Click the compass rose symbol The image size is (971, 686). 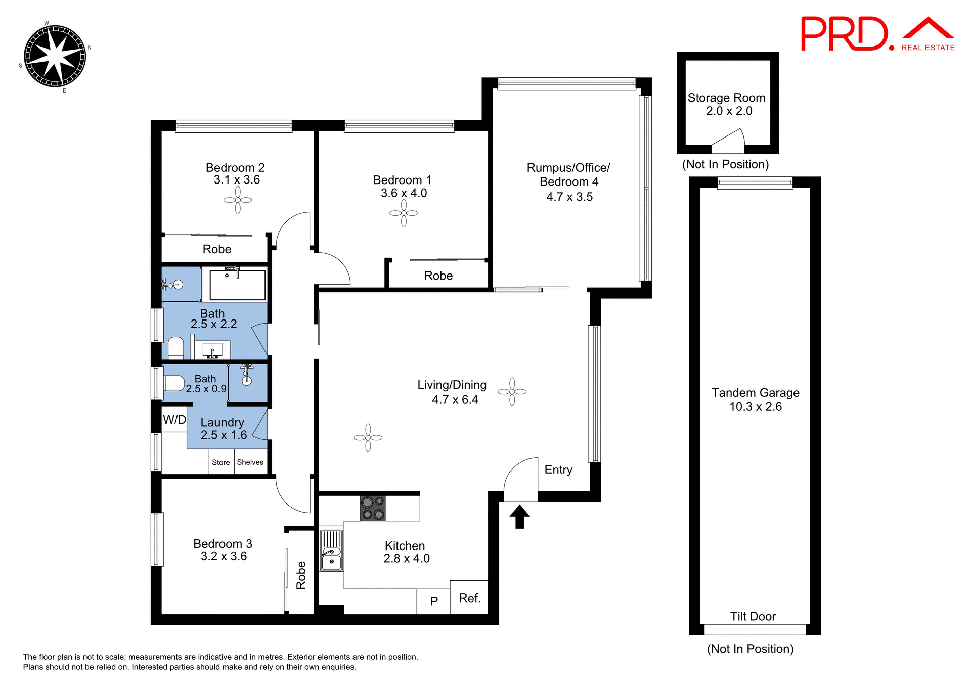point(55,56)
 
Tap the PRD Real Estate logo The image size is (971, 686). point(877,34)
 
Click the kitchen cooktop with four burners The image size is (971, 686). point(373,508)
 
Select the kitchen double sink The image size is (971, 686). point(331,551)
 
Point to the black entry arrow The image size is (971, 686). point(519,516)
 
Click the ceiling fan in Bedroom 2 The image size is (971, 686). point(238,200)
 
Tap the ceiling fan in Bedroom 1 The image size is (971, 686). point(404,213)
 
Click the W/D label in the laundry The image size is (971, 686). point(174,420)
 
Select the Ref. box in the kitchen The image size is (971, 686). point(469,598)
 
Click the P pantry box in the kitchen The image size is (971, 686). point(433,601)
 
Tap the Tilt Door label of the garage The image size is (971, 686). point(753,616)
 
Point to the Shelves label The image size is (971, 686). point(250,462)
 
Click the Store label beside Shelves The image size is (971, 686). point(221,462)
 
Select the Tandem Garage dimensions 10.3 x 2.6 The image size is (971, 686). point(755,407)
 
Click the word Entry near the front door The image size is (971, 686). point(558,470)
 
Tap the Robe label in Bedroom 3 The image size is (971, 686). point(301,575)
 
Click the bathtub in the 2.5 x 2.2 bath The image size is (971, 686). point(238,285)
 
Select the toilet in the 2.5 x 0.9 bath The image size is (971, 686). point(173,383)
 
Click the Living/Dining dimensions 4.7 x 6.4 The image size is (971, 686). point(455,400)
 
